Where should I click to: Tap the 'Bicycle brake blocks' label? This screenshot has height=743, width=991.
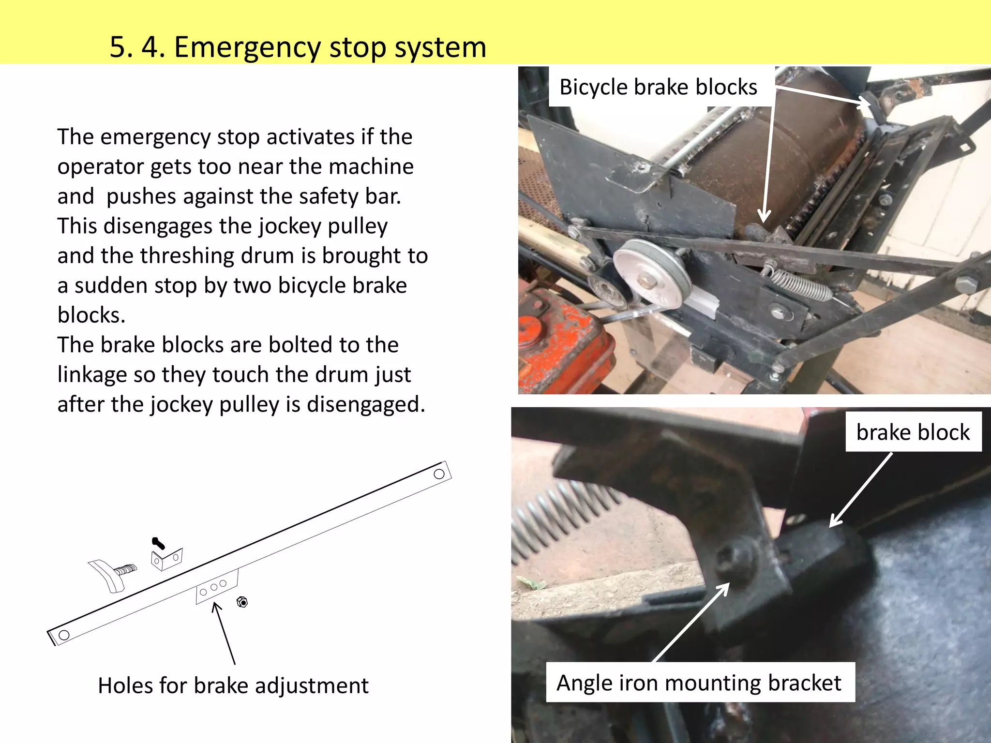658,88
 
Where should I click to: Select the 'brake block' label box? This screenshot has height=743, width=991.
913,432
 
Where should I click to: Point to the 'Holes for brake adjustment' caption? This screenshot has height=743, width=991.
233,685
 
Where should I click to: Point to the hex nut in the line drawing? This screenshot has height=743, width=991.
242,602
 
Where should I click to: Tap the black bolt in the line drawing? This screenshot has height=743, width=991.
158,543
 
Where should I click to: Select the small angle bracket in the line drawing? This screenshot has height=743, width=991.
167,559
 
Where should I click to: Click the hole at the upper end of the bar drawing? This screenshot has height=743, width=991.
439,474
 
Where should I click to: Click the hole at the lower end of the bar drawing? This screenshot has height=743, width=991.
64,635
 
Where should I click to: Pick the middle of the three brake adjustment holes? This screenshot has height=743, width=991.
213,588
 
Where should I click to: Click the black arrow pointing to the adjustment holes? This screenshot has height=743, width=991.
224,633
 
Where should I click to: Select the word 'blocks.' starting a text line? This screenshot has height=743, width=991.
91,315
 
